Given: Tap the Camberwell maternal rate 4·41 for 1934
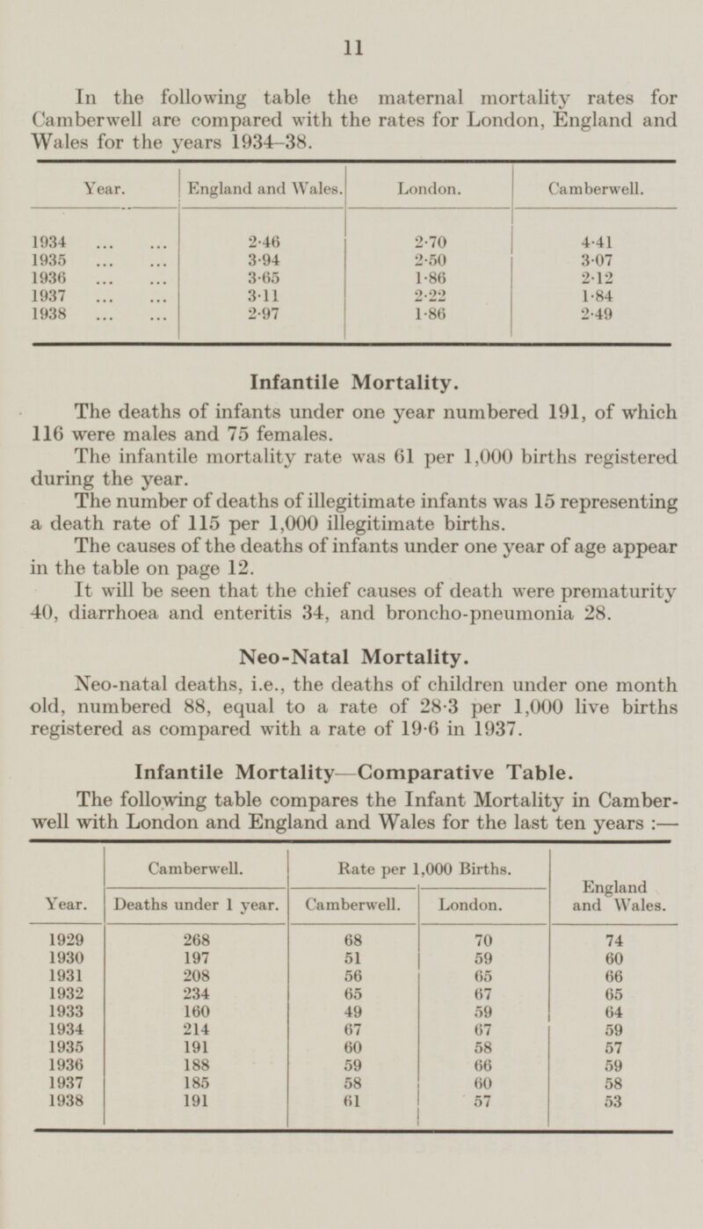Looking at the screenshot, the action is coord(593,236).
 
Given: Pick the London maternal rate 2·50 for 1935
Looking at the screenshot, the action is coord(428,260).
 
